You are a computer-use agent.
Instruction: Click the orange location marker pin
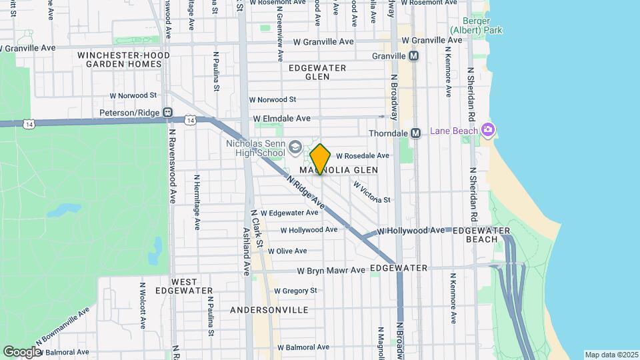[320, 159]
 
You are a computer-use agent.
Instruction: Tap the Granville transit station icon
[414, 57]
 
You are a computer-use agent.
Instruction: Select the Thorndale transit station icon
[415, 133]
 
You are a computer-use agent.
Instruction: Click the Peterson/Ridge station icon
[168, 113]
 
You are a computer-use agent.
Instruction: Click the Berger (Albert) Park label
[476, 25]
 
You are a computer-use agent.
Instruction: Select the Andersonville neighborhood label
[269, 310]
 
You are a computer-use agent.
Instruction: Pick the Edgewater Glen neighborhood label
[317, 72]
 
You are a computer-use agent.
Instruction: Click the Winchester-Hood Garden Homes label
[119, 59]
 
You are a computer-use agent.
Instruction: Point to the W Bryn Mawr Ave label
[331, 271]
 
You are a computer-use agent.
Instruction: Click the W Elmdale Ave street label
[282, 119]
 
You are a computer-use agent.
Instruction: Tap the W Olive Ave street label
[287, 251]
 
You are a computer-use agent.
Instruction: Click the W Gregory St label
[295, 291]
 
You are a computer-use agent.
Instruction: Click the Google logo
[22, 351]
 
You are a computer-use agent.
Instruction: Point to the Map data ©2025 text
[611, 355]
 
